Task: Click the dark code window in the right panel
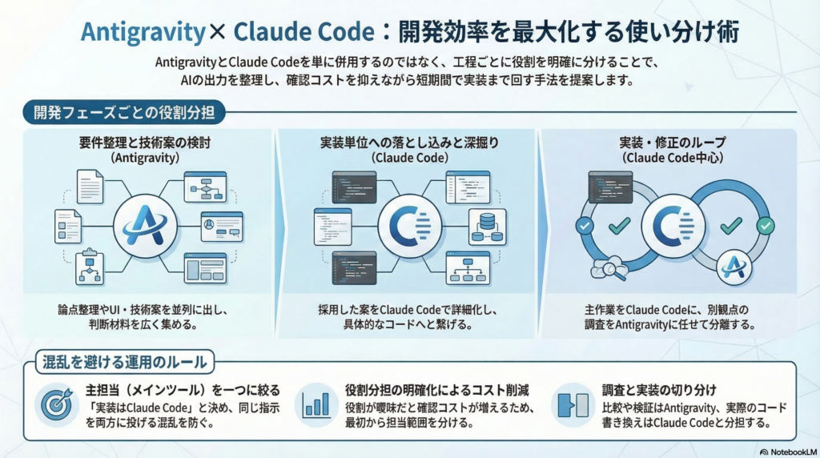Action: pyautogui.click(x=610, y=186)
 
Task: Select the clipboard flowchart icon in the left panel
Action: pyautogui.click(x=89, y=268)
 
